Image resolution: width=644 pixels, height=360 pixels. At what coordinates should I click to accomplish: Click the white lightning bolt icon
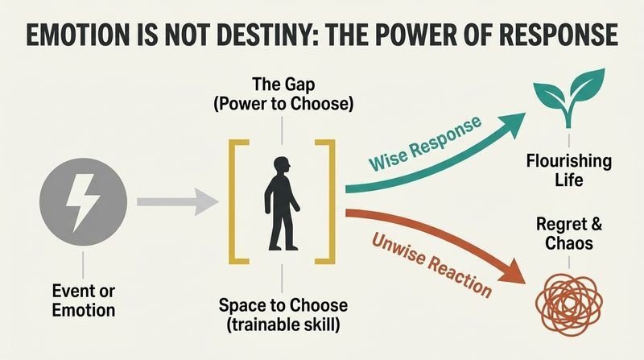[83, 202]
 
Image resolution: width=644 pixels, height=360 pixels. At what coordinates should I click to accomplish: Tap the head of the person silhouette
[282, 167]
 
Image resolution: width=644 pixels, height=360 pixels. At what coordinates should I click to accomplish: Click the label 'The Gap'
[283, 85]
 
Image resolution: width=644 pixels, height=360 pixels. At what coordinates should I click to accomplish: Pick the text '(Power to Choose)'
[283, 104]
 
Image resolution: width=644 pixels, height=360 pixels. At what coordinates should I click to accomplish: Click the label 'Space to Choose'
[283, 305]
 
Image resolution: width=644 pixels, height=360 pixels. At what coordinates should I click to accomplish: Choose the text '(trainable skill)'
[283, 325]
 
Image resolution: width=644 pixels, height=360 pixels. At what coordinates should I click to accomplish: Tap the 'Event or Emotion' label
[84, 300]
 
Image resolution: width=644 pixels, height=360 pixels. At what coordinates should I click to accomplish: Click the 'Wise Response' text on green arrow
[425, 143]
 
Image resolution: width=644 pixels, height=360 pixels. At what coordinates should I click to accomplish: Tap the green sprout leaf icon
[569, 97]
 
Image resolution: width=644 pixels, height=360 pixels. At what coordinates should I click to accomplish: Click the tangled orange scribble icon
[569, 303]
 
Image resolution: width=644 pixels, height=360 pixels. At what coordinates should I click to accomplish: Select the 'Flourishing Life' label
[569, 170]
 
